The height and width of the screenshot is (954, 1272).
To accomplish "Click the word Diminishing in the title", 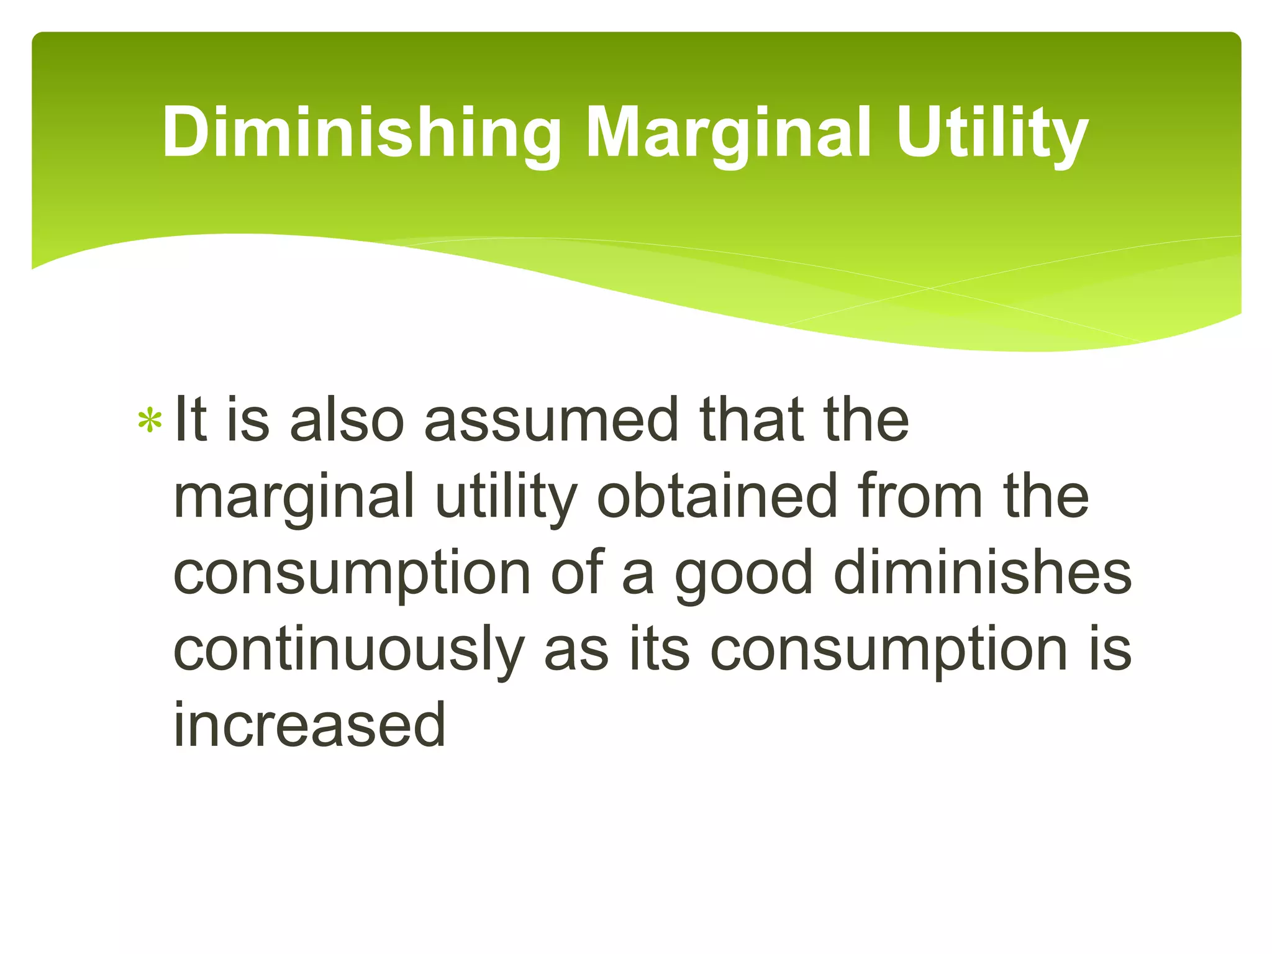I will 361,132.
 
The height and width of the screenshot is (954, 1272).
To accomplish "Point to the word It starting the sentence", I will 190,420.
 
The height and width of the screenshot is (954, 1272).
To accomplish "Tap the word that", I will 746,420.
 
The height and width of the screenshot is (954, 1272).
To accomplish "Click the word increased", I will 309,725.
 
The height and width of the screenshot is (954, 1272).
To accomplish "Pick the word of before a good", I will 577,572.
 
